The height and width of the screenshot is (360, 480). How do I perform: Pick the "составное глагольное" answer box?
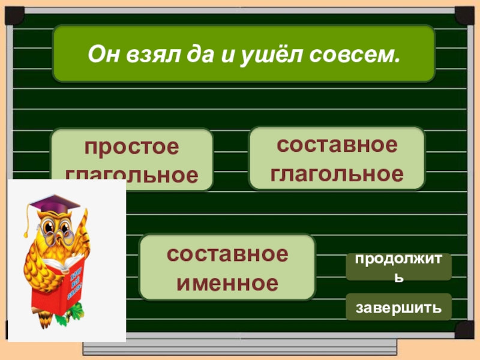[x=337, y=158]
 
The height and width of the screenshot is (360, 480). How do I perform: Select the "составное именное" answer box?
[x=227, y=267]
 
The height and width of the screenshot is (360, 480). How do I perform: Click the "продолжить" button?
[x=398, y=267]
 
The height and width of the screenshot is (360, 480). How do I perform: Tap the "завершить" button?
[x=398, y=307]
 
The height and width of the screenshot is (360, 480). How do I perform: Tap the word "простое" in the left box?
[x=131, y=146]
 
